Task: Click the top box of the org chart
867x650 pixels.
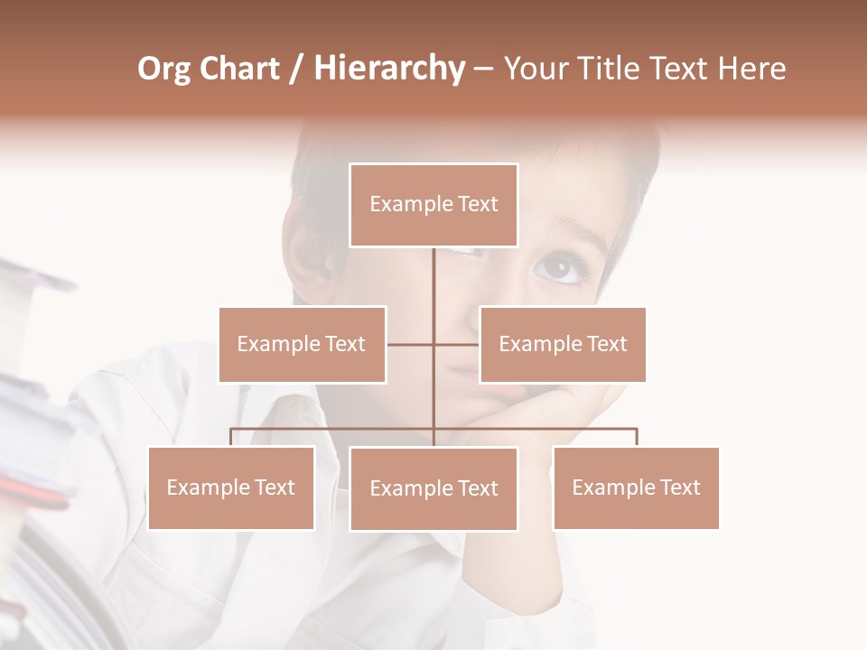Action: (x=433, y=205)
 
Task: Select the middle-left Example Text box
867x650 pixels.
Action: (x=302, y=344)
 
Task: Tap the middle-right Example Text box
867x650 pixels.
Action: (x=563, y=344)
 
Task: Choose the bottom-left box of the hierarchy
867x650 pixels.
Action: (x=230, y=487)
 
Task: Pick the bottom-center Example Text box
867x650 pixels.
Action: (x=433, y=488)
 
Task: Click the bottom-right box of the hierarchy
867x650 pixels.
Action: (x=636, y=487)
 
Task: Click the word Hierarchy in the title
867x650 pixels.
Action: (x=389, y=69)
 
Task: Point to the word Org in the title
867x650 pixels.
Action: (x=164, y=69)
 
